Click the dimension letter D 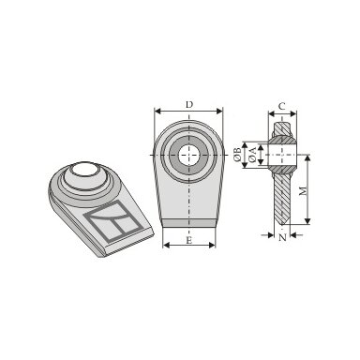pos(189,104)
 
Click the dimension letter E pos(188,240)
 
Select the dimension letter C pos(282,107)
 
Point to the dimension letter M pos(303,190)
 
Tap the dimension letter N pos(282,237)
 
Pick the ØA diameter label pos(252,155)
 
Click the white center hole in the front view pos(188,155)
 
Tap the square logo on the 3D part pos(111,221)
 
